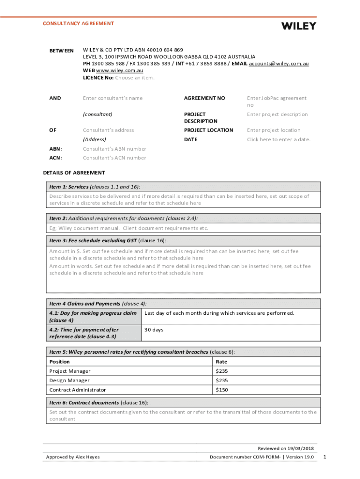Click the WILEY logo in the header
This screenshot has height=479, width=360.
click(298, 26)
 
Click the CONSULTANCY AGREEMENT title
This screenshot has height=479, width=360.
click(78, 23)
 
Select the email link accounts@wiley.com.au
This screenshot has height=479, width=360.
click(279, 64)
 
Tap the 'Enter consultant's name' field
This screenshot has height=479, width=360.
click(113, 98)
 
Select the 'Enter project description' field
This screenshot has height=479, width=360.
click(277, 115)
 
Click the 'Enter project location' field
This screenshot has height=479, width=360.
click(274, 131)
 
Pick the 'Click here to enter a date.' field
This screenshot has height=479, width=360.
click(279, 140)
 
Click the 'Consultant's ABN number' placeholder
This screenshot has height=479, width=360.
click(115, 149)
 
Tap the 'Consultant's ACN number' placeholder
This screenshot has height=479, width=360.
click(115, 158)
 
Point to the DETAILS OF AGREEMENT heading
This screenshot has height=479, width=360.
click(74, 173)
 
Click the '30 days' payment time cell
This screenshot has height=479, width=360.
click(154, 330)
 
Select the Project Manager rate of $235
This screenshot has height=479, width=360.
click(222, 371)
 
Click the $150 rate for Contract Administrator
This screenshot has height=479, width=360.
click(222, 390)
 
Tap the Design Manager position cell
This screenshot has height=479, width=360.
click(70, 381)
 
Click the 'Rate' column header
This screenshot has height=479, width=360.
click(222, 362)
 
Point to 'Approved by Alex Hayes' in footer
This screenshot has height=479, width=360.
click(72, 457)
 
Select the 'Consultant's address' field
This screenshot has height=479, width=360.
click(108, 131)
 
